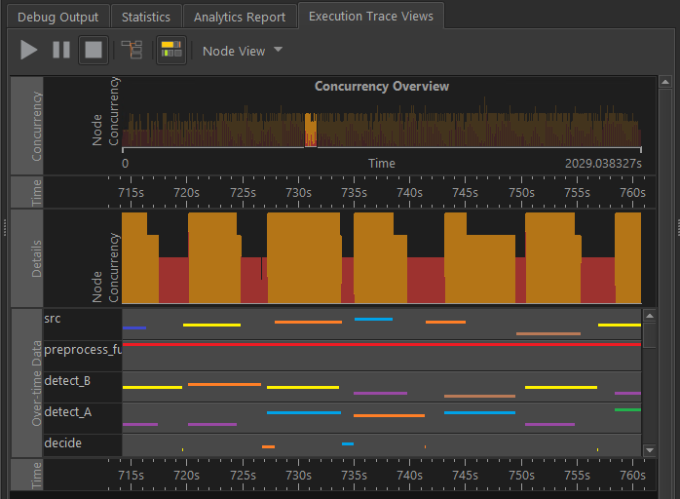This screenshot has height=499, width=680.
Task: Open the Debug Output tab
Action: [57, 17]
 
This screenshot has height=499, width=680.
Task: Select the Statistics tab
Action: [146, 17]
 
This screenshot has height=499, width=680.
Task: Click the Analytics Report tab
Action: [240, 17]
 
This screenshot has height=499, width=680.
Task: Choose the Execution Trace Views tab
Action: [371, 17]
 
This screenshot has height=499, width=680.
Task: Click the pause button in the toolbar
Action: [61, 50]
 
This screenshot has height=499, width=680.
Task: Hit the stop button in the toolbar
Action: [93, 50]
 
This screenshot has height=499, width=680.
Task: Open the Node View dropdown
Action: [243, 51]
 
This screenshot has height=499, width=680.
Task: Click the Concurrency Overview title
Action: [382, 87]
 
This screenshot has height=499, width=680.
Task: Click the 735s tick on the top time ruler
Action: [354, 193]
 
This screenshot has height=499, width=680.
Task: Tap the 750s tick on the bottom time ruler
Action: [521, 476]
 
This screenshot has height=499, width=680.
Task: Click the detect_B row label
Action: [67, 379]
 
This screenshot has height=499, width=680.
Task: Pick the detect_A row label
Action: [67, 412]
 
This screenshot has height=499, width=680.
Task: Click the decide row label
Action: [63, 443]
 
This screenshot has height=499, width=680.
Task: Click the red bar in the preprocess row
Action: [381, 344]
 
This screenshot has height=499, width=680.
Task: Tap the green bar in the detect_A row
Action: [627, 410]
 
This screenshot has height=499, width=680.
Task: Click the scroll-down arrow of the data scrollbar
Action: [650, 450]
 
